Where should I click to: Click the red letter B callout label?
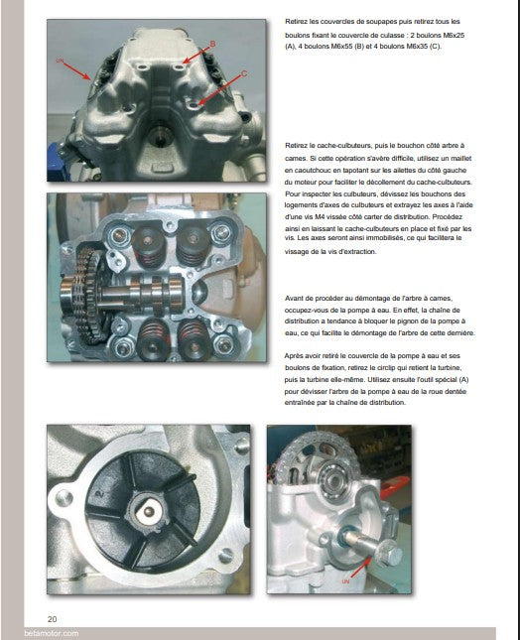click(212, 44)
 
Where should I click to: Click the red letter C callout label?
click(244, 73)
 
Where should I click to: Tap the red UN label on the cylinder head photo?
click(60, 61)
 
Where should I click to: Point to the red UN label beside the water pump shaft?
click(345, 581)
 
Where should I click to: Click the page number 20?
click(53, 619)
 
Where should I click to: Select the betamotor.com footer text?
click(51, 633)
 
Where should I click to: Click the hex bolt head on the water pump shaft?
click(388, 555)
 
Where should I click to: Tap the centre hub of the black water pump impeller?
click(149, 513)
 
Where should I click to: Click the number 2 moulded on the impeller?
click(99, 494)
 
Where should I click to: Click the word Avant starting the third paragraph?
click(294, 299)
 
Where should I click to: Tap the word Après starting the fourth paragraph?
click(294, 356)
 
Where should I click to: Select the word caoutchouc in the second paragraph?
click(313, 171)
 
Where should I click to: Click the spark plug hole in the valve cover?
click(159, 138)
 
